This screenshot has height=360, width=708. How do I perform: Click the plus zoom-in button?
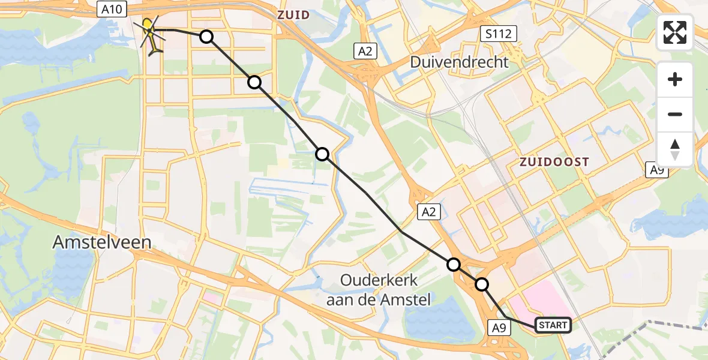(675, 79)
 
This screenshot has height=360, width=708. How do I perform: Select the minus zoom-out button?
(675, 114)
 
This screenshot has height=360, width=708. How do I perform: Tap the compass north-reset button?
(675, 149)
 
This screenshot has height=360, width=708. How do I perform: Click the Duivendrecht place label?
(459, 61)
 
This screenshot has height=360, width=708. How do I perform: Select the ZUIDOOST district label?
(554, 162)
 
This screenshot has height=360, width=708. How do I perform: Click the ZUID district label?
(293, 14)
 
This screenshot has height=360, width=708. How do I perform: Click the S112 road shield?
(499, 34)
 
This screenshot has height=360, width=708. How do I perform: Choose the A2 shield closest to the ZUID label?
(364, 51)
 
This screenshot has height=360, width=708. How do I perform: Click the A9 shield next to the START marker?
(500, 327)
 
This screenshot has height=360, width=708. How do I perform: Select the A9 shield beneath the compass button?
(658, 170)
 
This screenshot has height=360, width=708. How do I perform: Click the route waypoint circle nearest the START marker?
(482, 284)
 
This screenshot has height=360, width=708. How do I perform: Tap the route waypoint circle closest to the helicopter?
(206, 37)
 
